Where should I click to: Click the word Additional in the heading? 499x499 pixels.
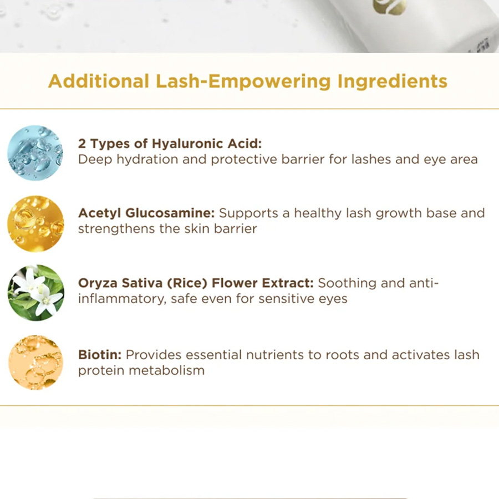point(99,81)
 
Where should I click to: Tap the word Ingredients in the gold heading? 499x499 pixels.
point(393,82)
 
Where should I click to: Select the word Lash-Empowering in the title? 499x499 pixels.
point(243,82)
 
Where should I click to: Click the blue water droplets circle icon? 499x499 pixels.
point(35,153)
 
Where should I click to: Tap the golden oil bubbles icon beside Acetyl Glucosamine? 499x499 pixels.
point(35,224)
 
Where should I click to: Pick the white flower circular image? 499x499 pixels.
point(35,293)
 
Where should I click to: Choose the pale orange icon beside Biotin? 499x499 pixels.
point(35,363)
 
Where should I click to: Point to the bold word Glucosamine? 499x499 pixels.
point(170,213)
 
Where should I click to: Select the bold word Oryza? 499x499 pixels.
point(98,283)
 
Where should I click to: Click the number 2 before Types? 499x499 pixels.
point(82,144)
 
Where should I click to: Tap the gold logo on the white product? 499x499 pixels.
point(390,6)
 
